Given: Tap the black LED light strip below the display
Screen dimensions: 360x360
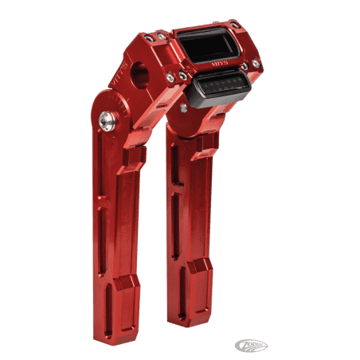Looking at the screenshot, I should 225,81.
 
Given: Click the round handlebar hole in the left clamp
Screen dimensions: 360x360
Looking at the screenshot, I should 143,72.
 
